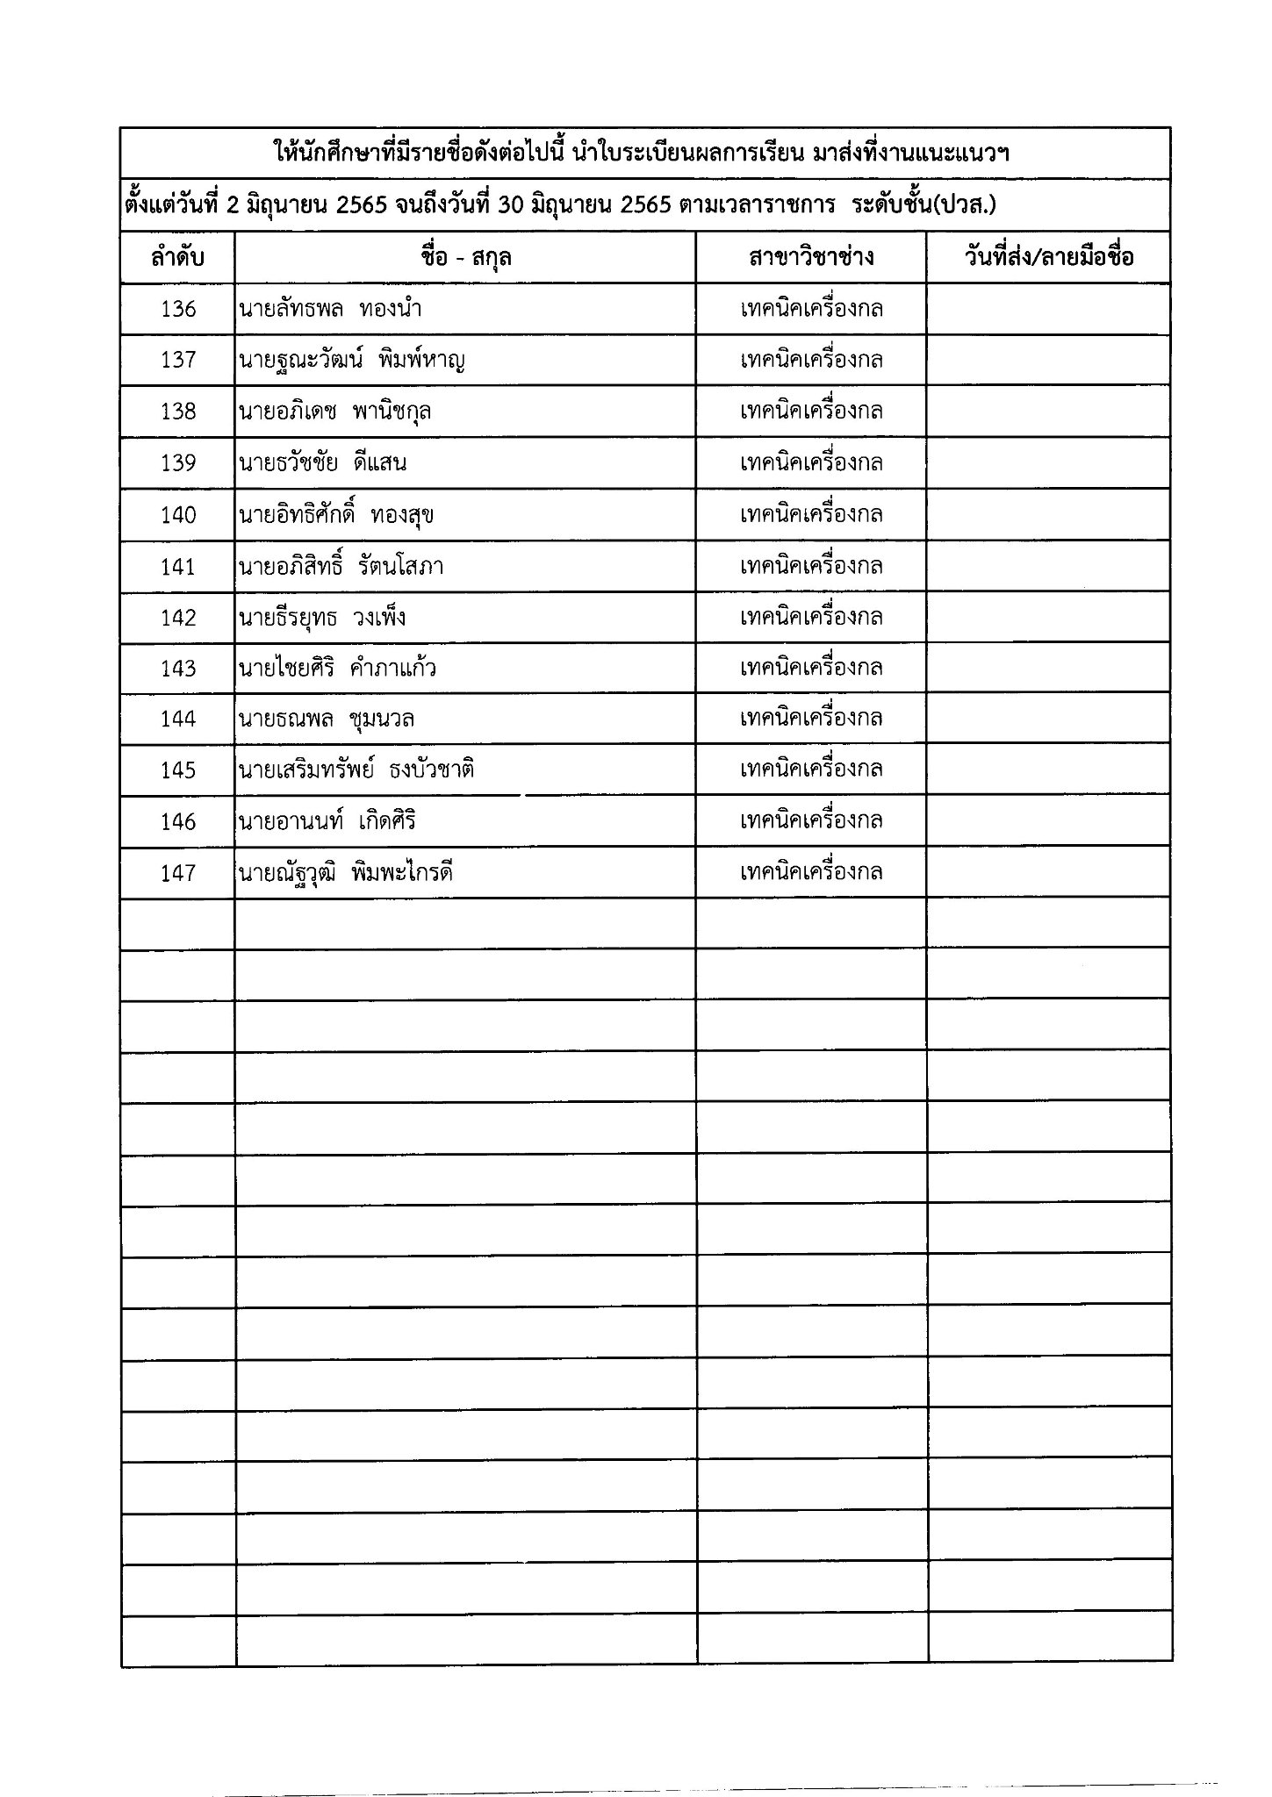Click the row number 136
(x=178, y=309)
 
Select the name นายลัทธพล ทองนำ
(x=323, y=309)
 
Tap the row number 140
(x=178, y=515)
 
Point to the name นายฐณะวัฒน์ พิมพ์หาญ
(x=351, y=360)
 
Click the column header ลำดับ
(x=177, y=258)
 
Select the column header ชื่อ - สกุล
(x=465, y=258)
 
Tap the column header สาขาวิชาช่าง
(x=811, y=258)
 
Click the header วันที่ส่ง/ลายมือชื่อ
(x=1048, y=258)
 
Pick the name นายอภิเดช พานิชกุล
(x=334, y=412)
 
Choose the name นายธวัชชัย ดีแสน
(x=322, y=462)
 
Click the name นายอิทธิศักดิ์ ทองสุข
(x=336, y=515)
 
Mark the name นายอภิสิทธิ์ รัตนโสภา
(x=341, y=566)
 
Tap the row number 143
(x=178, y=669)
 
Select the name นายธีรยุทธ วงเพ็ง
(x=322, y=618)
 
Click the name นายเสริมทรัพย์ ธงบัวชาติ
(x=356, y=770)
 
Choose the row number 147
(x=178, y=873)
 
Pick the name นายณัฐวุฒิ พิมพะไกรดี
(x=346, y=873)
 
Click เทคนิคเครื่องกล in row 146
(x=811, y=821)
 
